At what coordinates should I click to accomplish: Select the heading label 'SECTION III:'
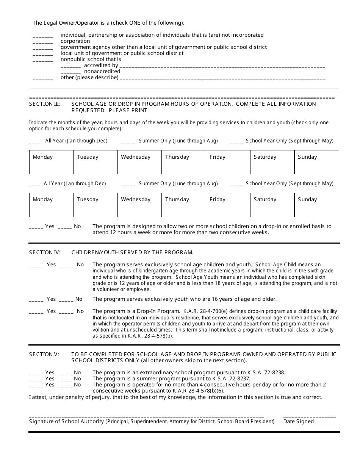click(x=44, y=104)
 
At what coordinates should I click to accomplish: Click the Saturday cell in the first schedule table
click(x=272, y=162)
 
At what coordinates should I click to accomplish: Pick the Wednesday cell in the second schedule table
click(x=139, y=205)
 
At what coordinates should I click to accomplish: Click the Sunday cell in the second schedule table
click(x=316, y=205)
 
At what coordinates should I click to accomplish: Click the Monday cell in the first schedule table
click(x=51, y=162)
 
